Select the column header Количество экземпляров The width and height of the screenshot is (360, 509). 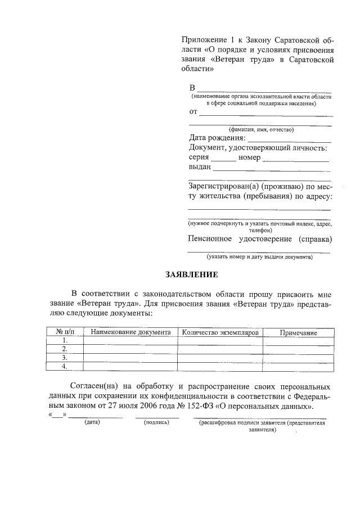click(220, 332)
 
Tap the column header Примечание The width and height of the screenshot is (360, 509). click(298, 332)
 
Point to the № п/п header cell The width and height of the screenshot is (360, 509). click(65, 332)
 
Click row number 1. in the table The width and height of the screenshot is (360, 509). click(65, 341)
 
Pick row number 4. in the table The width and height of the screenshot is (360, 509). click(65, 366)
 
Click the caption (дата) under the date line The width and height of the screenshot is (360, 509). click(92, 422)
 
